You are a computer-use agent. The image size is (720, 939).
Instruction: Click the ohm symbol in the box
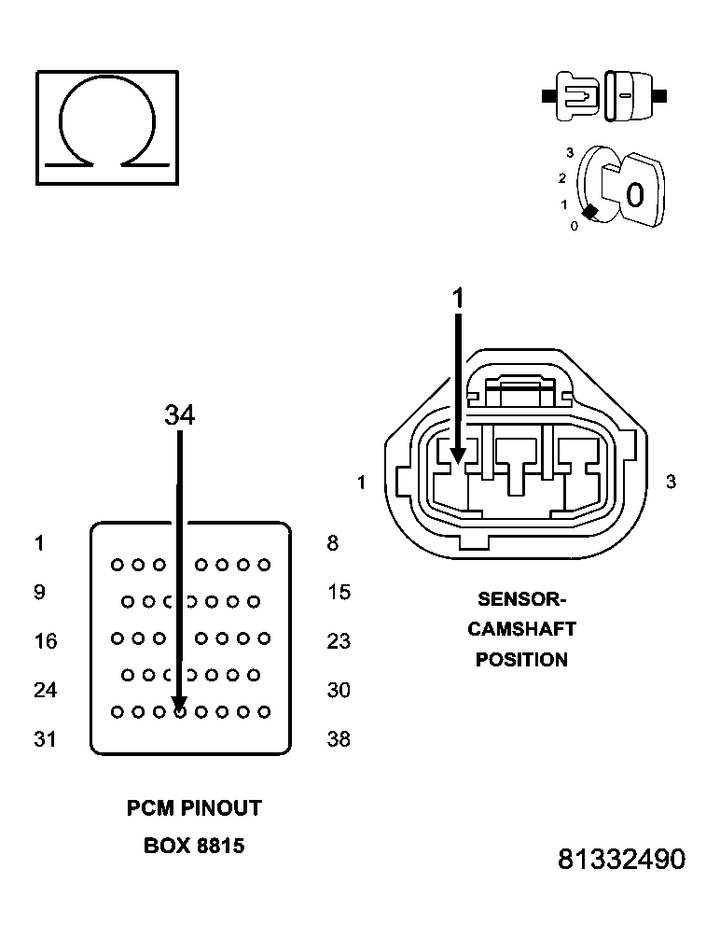(x=106, y=126)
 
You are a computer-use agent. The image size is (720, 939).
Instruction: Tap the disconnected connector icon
(x=603, y=96)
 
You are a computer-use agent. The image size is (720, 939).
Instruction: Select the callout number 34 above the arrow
(x=179, y=415)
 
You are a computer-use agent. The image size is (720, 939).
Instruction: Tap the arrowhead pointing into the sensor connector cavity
(x=458, y=454)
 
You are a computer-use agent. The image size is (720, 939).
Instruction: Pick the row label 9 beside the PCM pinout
(x=39, y=592)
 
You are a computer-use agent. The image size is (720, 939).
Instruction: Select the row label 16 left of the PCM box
(x=44, y=641)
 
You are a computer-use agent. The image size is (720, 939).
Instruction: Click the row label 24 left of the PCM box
(x=44, y=690)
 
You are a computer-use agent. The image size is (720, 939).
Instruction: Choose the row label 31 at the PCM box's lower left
(x=44, y=739)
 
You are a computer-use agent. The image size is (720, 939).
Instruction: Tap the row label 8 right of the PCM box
(x=332, y=543)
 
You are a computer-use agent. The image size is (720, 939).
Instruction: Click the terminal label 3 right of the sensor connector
(x=671, y=482)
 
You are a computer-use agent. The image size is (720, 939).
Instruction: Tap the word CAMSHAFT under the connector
(x=521, y=629)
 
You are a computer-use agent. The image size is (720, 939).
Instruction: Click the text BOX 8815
(x=194, y=847)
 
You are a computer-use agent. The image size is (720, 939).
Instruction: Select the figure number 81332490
(x=621, y=860)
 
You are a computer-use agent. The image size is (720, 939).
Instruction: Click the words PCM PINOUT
(x=194, y=808)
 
